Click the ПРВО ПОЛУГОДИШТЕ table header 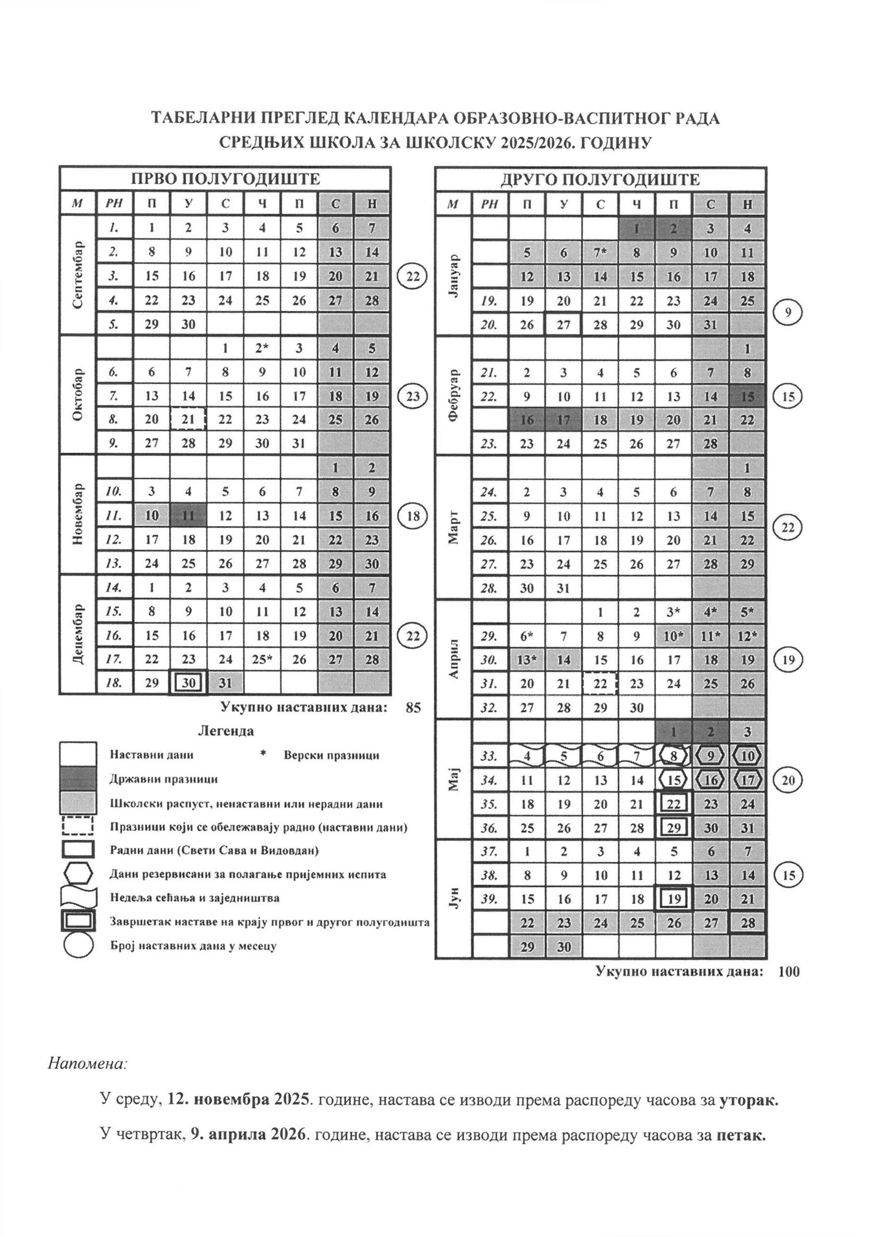(x=225, y=179)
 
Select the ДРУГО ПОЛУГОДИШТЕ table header (x=600, y=179)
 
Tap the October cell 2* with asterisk (x=262, y=348)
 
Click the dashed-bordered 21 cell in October (x=188, y=419)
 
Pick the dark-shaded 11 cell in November (x=188, y=515)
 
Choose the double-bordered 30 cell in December (x=188, y=683)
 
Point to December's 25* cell (x=262, y=659)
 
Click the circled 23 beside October (x=412, y=396)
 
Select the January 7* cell (x=600, y=252)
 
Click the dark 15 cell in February (x=748, y=397)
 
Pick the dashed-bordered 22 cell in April (x=600, y=683)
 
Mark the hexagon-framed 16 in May (x=711, y=780)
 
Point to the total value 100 (x=789, y=972)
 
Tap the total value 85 (x=412, y=707)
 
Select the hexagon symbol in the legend (x=78, y=874)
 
